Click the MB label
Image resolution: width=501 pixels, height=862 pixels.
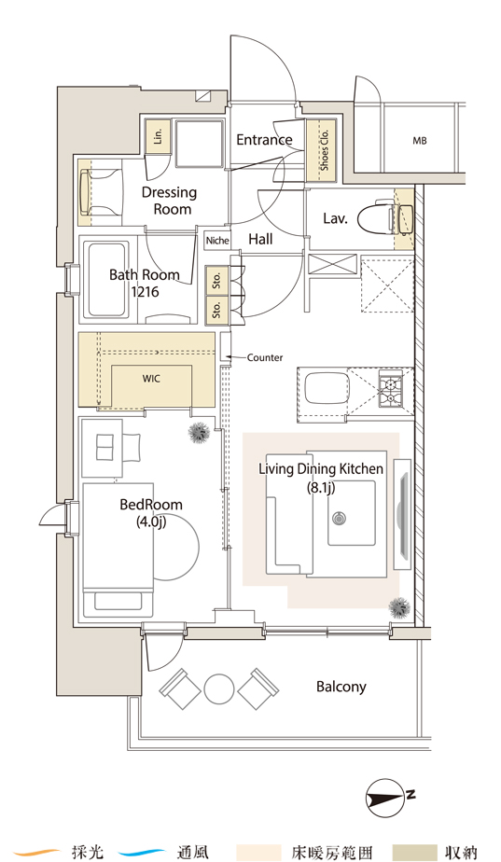420,141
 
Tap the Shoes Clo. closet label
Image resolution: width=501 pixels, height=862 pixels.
325,150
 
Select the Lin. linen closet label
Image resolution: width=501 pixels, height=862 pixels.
159,136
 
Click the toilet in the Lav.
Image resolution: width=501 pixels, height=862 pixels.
384,219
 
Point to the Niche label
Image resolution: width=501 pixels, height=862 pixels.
217,241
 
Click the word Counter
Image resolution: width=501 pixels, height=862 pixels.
265,357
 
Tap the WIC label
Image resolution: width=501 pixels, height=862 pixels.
151,379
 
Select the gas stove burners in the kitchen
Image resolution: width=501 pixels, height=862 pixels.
391,389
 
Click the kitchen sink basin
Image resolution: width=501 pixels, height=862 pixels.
327,389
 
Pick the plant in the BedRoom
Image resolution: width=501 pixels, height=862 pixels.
199,433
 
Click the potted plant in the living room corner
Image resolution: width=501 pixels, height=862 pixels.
400,607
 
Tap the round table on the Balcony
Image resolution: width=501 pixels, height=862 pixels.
219,689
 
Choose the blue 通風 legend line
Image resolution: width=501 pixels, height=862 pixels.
141,852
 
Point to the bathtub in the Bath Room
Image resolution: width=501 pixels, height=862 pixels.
108,279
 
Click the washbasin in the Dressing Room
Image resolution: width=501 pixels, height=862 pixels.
86,192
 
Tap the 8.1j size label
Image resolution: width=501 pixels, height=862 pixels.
321,487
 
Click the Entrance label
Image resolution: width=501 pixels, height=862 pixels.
264,140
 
